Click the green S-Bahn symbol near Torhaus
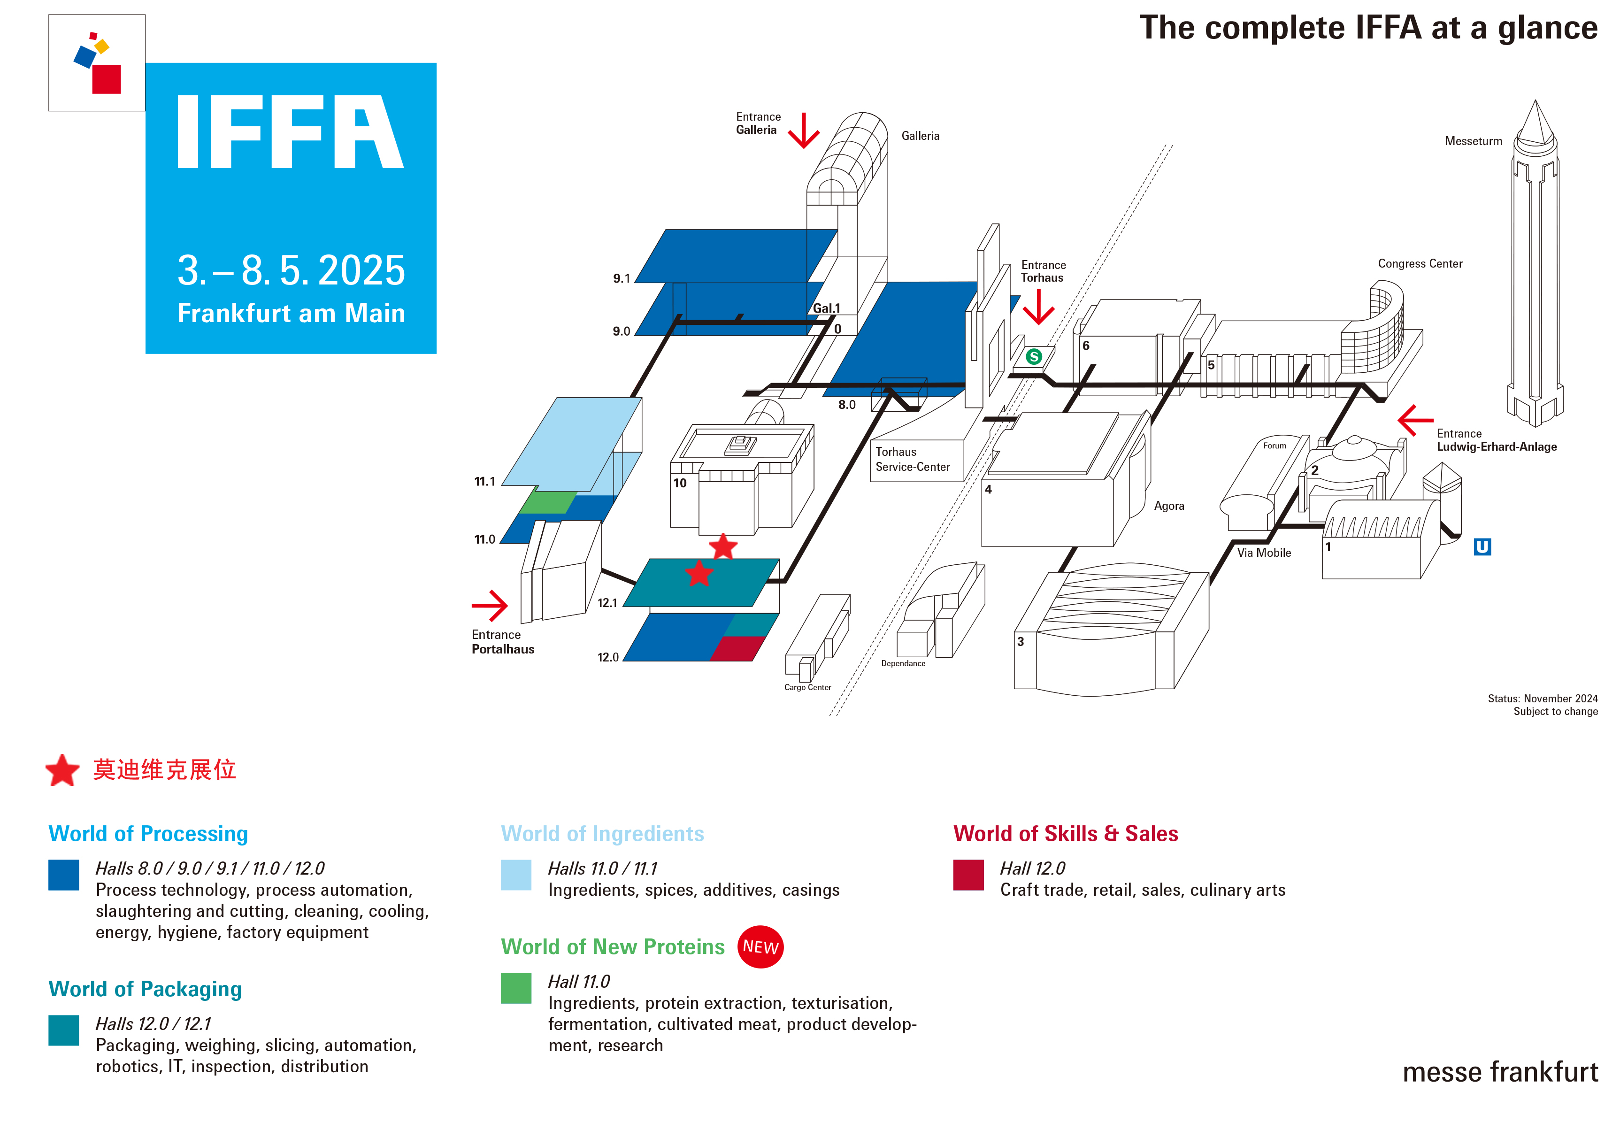(1034, 356)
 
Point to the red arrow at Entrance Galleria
(804, 131)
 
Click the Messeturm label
(1473, 141)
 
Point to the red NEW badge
(760, 946)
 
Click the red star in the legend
(63, 770)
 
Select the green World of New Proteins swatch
(516, 988)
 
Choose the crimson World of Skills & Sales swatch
(968, 875)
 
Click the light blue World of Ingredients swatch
(516, 875)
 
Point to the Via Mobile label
(1264, 553)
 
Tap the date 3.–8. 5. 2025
(291, 270)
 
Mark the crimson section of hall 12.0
(737, 648)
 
